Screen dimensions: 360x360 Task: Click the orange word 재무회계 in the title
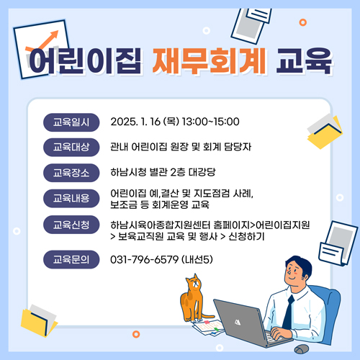(210, 60)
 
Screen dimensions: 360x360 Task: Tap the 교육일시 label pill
(71, 122)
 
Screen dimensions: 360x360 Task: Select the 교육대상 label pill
(71, 147)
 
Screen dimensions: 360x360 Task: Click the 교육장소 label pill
(71, 173)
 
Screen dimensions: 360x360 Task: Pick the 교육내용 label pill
(71, 198)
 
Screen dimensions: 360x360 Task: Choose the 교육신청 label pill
(71, 225)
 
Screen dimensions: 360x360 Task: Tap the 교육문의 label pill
(71, 259)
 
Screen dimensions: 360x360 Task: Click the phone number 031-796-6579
(145, 260)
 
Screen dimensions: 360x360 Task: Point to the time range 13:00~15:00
(211, 122)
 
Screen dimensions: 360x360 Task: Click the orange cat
(192, 299)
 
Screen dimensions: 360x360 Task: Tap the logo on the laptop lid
(238, 322)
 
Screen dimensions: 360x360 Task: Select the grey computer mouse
(302, 348)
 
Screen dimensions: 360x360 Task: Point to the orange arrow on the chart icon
(42, 41)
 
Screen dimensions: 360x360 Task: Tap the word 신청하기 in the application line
(246, 237)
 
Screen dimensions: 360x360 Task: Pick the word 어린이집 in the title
(85, 60)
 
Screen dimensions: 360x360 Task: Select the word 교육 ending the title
(304, 60)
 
